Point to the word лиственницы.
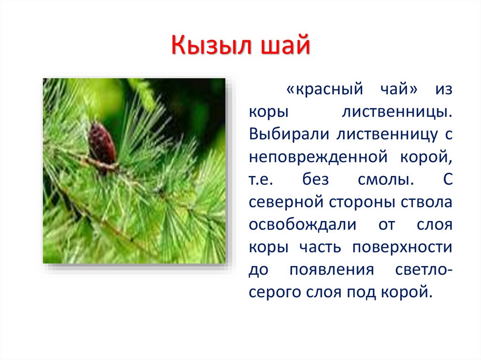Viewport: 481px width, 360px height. coord(397,112)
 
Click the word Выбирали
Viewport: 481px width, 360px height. coord(289,134)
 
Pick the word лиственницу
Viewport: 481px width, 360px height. coord(387,135)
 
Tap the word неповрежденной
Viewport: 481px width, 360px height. coord(318,157)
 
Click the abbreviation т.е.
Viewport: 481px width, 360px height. coord(261,180)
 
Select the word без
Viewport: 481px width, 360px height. coord(315,179)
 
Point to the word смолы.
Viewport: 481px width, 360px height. coord(386,180)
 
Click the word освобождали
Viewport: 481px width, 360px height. coord(303,225)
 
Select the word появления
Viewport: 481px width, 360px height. coord(332,270)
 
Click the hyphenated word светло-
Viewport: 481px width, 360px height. coord(424,270)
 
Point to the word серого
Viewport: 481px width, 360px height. coord(275,293)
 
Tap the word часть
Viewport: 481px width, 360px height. coord(320,248)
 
